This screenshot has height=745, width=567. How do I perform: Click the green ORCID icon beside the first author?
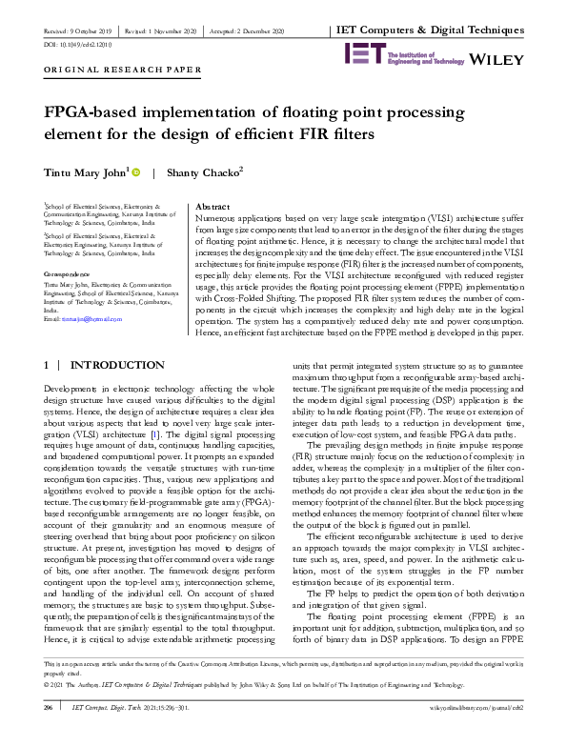[135, 172]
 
